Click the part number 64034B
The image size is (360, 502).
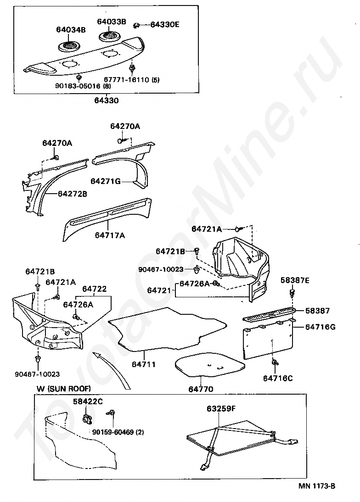coord(71,30)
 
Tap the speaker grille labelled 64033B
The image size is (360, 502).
coord(109,36)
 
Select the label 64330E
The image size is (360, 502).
coord(164,24)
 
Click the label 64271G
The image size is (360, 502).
coord(105,181)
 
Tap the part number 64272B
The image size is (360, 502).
coord(72,194)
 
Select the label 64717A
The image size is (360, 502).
coord(110,235)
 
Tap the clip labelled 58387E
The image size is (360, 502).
coord(292,291)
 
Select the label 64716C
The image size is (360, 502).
coord(277,378)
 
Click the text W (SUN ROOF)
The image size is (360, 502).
coord(64,389)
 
